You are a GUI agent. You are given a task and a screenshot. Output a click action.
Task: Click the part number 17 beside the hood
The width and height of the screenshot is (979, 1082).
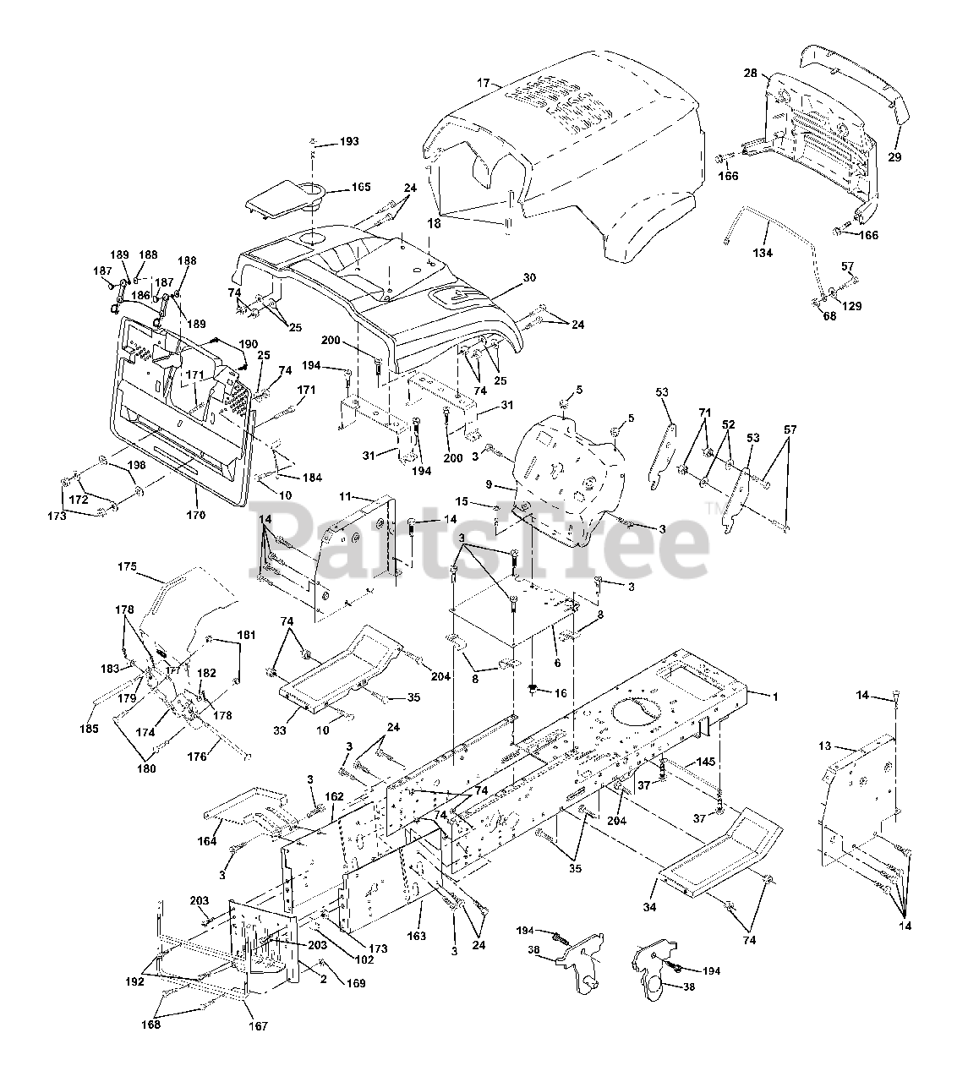pos(483,83)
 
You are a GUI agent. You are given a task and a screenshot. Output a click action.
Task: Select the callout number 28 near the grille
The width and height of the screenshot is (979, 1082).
pos(750,74)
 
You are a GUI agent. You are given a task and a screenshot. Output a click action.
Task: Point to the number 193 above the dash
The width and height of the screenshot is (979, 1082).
pos(348,142)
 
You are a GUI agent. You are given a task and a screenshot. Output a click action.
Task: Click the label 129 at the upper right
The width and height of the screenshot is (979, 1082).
pos(851,307)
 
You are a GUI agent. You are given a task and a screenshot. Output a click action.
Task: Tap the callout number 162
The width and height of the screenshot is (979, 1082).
pos(334,796)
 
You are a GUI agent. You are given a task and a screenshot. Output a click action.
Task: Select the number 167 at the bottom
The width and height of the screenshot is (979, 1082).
pos(258,1026)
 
